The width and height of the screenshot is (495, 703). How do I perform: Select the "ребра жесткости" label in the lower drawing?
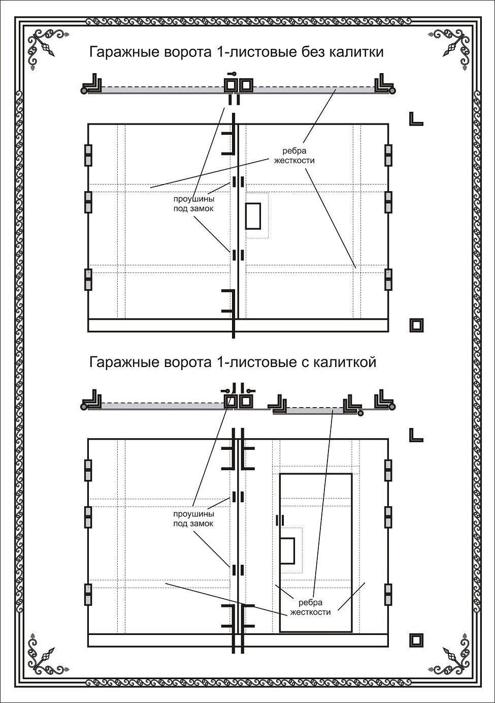tap(310, 607)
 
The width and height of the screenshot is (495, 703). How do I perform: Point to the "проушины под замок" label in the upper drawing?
tap(193, 203)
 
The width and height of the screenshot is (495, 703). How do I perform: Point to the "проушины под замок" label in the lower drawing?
tap(193, 518)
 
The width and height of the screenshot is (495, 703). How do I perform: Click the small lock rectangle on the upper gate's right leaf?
tap(253, 216)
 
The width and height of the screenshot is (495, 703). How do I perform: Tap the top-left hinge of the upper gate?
tap(88, 156)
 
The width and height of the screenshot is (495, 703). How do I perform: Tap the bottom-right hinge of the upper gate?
tap(388, 279)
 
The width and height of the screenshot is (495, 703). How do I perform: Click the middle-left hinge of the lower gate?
tap(88, 517)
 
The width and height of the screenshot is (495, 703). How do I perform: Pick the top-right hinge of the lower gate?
tap(388, 471)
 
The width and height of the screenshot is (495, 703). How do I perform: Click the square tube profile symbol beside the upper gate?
tap(416, 325)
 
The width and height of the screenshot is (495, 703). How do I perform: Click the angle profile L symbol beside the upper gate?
tap(415, 119)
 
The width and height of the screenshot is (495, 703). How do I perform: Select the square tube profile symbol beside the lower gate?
tap(416, 640)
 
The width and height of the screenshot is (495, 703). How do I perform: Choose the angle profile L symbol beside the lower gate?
tap(415, 435)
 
